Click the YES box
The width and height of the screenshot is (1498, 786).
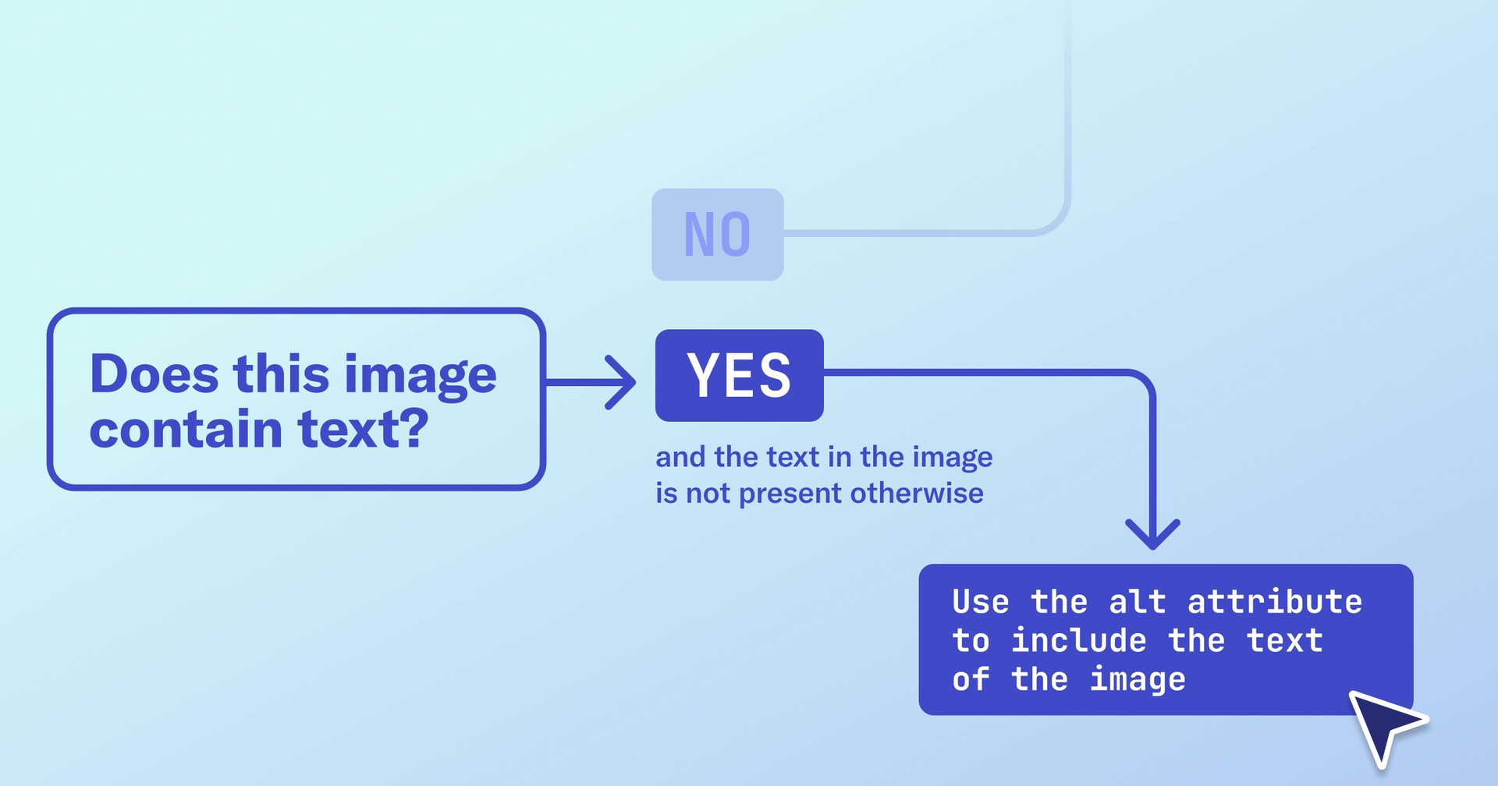pyautogui.click(x=739, y=375)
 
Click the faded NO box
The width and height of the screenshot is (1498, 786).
pyautogui.click(x=717, y=234)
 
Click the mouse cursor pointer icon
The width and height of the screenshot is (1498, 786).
pyautogui.click(x=1384, y=724)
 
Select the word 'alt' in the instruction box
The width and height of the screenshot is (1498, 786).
pyautogui.click(x=1137, y=602)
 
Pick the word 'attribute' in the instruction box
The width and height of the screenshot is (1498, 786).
pyautogui.click(x=1274, y=602)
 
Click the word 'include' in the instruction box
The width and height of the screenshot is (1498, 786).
pyautogui.click(x=1078, y=641)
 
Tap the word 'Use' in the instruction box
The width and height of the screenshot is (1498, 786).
pyautogui.click(x=980, y=602)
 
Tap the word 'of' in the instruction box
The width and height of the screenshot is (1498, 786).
pyautogui.click(x=971, y=680)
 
